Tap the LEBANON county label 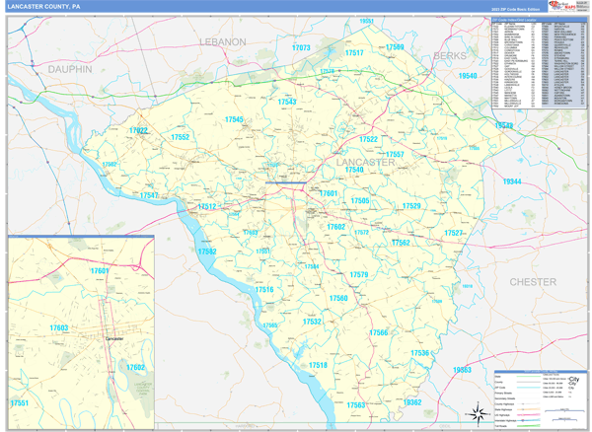tap(222, 42)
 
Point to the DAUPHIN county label tap(70, 70)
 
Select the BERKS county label tap(450, 56)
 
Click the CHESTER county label tap(533, 282)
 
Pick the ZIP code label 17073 tap(302, 47)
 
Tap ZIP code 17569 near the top tap(395, 47)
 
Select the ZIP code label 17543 tap(287, 102)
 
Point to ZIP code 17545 tap(234, 119)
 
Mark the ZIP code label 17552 tap(181, 137)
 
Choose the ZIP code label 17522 tap(139, 131)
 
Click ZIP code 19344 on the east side tap(512, 182)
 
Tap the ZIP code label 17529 tap(411, 206)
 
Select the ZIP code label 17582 tap(207, 252)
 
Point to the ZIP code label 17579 tap(359, 275)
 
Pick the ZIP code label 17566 tap(379, 333)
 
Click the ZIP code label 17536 tap(420, 353)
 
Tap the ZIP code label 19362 tap(412, 402)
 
